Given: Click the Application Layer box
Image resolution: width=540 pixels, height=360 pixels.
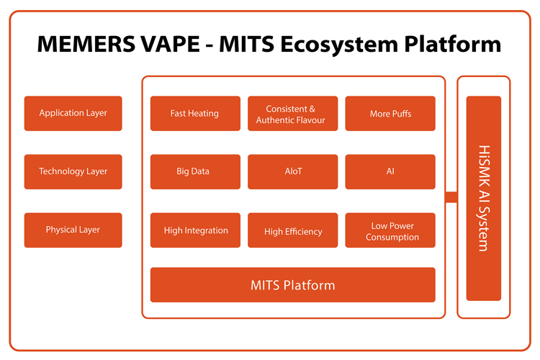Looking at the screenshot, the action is pos(73,113).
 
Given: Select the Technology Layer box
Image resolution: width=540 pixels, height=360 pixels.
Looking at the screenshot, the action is pos(73,171).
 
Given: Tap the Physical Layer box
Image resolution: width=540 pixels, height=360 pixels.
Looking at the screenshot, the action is pos(73,230).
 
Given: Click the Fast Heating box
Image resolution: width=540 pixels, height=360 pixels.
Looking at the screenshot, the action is pos(195,113).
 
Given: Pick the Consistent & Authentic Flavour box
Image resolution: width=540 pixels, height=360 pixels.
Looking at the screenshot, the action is pos(293,113).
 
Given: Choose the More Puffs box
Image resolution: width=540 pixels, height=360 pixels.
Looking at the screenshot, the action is pos(390,113).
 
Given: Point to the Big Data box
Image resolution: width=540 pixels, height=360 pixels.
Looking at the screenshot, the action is pos(195,171).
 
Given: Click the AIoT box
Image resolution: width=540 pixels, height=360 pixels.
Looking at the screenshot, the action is pos(293,171).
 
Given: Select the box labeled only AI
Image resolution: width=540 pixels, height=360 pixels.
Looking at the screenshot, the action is pos(390,171).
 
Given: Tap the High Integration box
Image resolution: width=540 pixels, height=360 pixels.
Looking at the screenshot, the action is pos(195,230).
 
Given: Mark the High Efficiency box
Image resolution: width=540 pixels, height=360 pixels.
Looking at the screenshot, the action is pos(293,230).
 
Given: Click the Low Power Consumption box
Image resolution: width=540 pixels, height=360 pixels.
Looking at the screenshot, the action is pos(390,230).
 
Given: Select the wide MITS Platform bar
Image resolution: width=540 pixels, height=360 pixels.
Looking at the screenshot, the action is pos(293,285).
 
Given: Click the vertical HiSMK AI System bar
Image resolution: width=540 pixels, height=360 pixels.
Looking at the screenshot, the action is pos(484,199).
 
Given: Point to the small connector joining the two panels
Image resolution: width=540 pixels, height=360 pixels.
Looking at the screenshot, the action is pos(451,197).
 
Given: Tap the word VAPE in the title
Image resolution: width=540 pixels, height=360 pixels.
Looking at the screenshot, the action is pos(170,44).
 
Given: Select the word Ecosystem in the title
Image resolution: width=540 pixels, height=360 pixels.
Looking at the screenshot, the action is pos(339,45).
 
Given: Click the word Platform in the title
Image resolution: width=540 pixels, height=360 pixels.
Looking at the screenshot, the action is pos(453,44).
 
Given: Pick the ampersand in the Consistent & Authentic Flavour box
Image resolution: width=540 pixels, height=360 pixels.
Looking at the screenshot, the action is pos(312,109).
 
